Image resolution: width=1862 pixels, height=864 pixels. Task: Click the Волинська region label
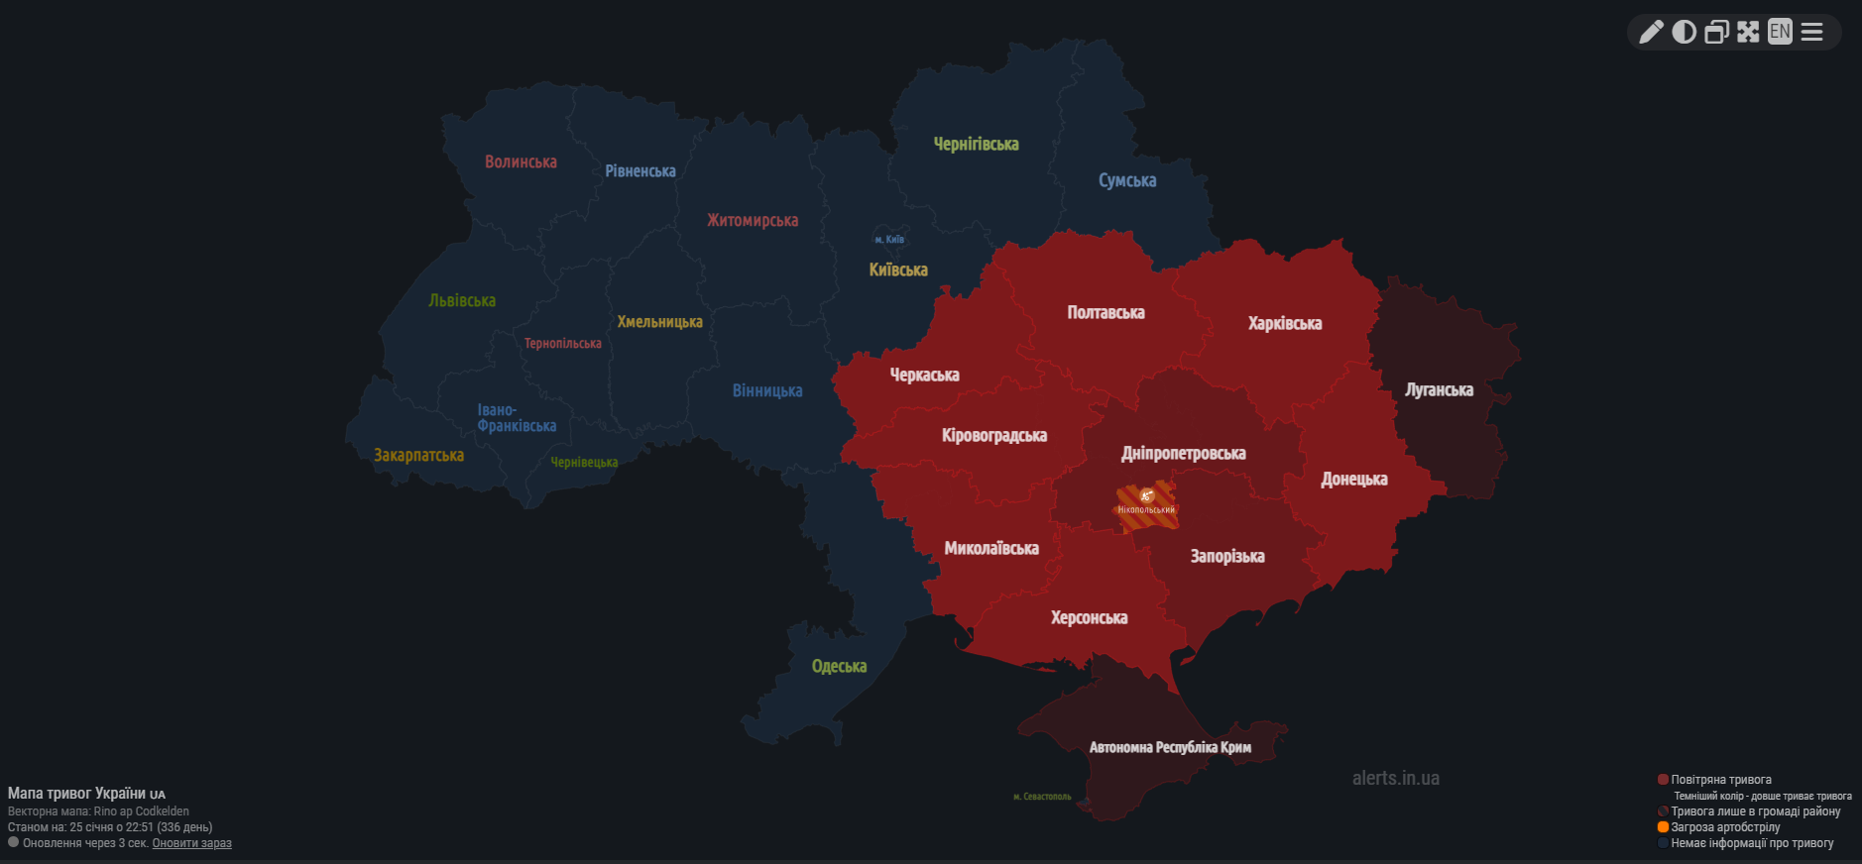coord(521,162)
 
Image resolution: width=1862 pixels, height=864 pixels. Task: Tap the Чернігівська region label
coord(976,145)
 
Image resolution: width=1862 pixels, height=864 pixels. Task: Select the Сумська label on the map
coord(1127,180)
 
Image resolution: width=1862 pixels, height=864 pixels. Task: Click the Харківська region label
coord(1284,324)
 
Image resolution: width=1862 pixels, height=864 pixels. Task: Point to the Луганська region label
coord(1439,390)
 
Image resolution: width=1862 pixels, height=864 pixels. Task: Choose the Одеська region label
coord(839,667)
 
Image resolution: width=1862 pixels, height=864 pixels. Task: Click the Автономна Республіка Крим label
coord(1170,748)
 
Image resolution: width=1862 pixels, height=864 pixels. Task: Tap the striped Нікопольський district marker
coord(1146,504)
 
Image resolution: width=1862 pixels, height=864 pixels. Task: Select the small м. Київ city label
coord(888,240)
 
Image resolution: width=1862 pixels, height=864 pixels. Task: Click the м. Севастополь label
coord(1042,797)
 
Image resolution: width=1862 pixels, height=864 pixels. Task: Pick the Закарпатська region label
coord(418,456)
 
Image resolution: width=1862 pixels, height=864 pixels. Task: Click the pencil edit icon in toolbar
coord(1651,33)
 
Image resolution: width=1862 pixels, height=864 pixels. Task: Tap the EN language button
coord(1780,32)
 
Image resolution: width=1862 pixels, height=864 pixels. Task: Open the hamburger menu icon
coord(1812,33)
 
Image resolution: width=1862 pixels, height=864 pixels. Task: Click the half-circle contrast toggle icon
coord(1684,33)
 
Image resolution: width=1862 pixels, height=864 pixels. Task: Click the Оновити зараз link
coord(191,844)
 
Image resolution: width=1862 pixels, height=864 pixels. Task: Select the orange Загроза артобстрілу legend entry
coord(1725,827)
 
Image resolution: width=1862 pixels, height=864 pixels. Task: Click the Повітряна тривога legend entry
coord(1720,780)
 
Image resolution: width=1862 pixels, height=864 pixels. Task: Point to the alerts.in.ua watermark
coord(1395,779)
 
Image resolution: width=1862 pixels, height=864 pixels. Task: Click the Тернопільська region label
coord(562,344)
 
